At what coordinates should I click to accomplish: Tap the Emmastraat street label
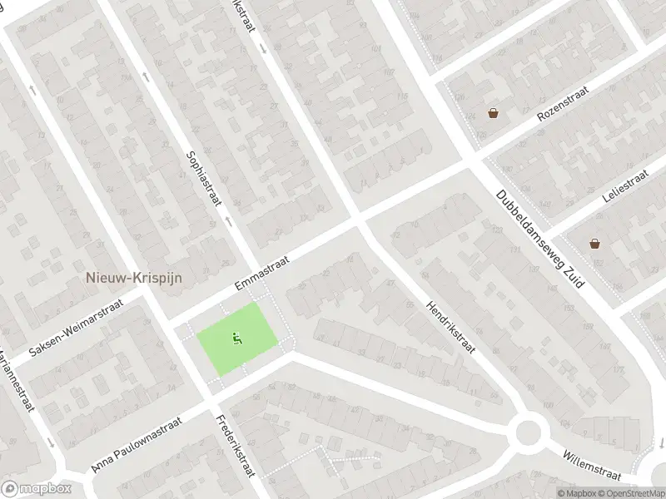[x=261, y=274]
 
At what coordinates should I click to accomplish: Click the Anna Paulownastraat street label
[x=137, y=446]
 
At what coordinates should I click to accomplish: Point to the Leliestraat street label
[x=624, y=187]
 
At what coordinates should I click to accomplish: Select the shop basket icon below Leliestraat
[x=595, y=244]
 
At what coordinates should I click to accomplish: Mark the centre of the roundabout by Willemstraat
[x=529, y=432]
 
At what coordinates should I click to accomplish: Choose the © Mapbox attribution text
[x=579, y=493]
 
